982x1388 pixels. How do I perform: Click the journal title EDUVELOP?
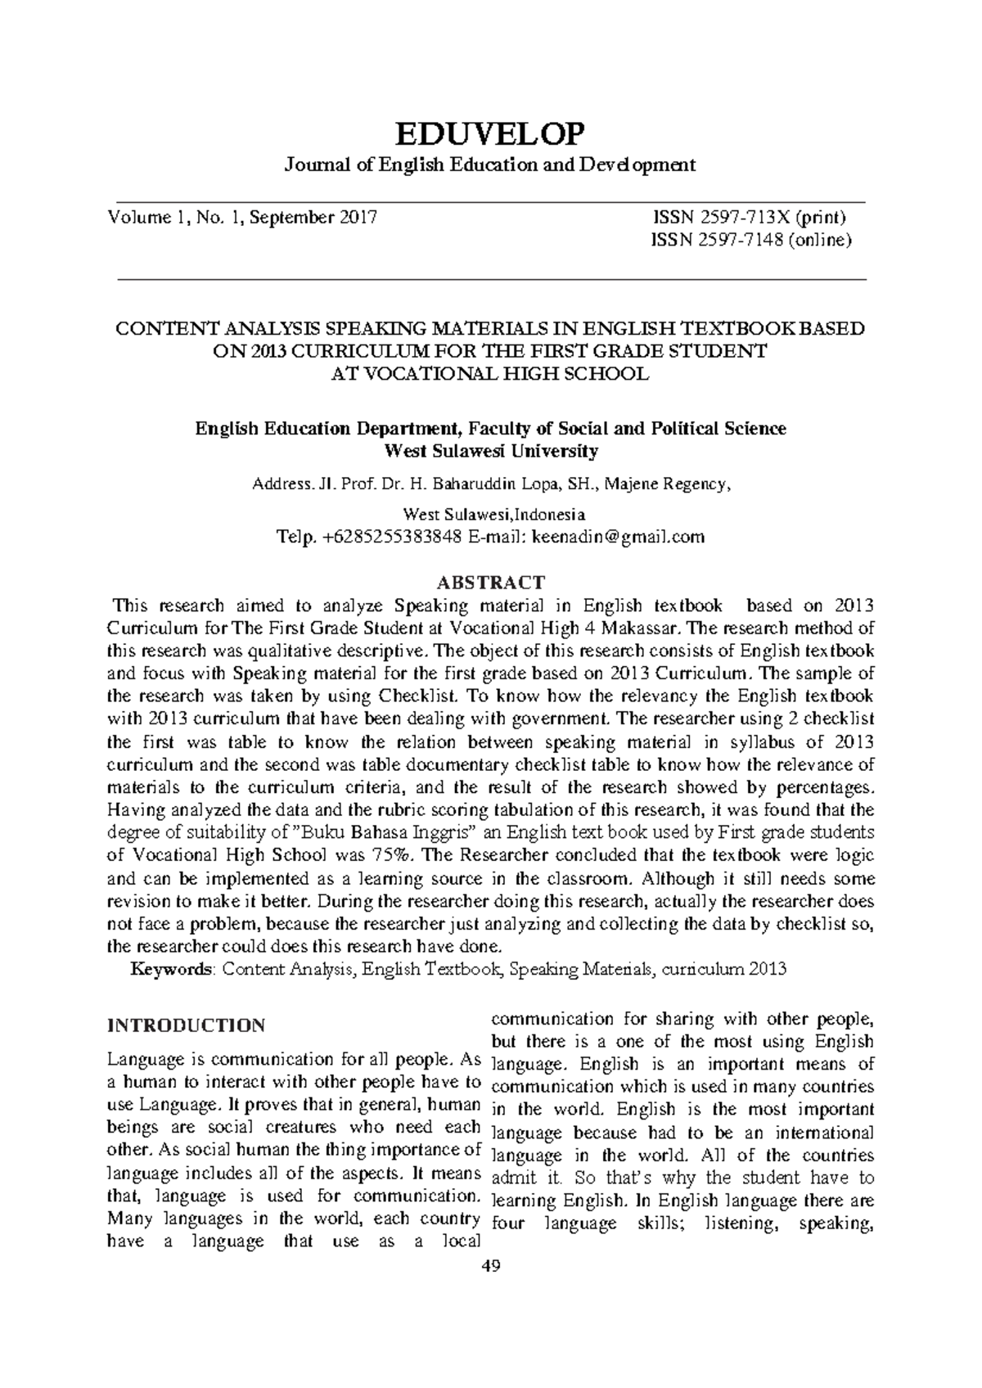tap(490, 132)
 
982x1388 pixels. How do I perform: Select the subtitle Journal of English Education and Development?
tap(489, 164)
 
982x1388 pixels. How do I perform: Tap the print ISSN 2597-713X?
tap(747, 218)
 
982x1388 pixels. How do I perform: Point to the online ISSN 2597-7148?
tap(751, 240)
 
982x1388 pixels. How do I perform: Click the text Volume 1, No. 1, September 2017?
tap(242, 218)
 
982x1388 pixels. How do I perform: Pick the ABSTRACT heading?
tap(490, 583)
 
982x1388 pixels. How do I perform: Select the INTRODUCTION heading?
tap(187, 1025)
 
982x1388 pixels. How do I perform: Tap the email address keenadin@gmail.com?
tap(618, 537)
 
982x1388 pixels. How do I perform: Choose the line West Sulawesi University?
tap(491, 451)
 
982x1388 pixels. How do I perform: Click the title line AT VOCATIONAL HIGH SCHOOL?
tap(490, 374)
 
